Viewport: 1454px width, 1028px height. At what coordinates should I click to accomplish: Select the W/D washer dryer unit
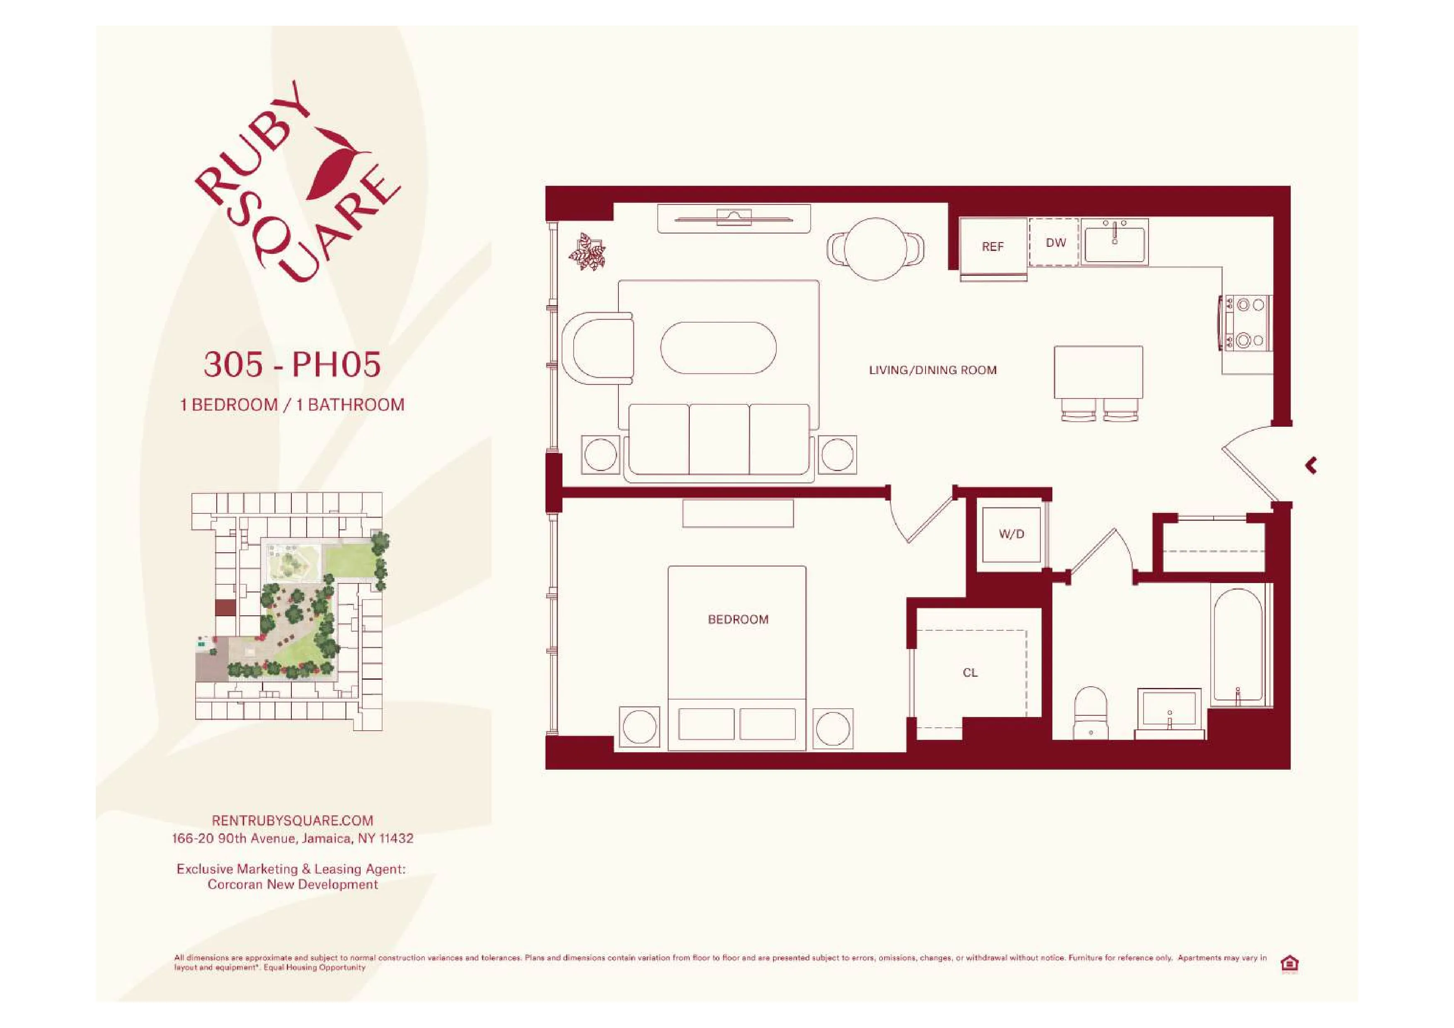1011,535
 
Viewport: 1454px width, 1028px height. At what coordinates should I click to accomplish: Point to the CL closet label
970,673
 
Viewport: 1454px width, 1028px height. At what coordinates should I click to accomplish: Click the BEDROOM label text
738,620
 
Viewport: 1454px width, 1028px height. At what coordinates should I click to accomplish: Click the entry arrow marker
1311,466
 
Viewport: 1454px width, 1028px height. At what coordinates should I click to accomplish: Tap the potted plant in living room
587,252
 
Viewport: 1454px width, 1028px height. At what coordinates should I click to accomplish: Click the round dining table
875,249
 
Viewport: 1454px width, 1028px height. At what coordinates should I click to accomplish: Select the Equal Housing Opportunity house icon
1289,963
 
